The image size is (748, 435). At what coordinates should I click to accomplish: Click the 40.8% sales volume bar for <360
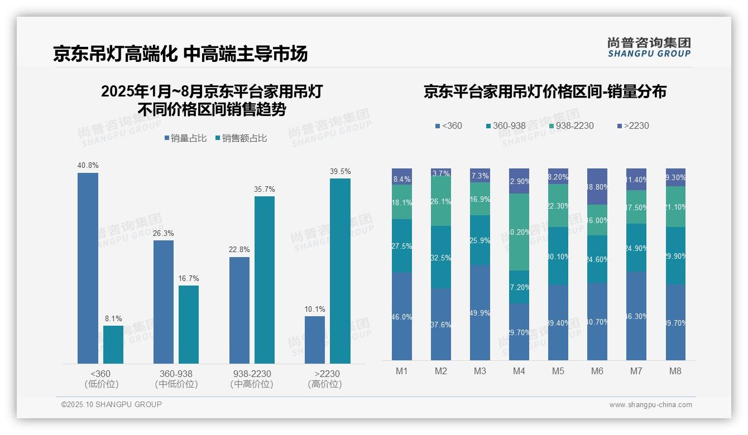88,268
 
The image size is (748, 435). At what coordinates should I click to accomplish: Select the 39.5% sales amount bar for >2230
340,270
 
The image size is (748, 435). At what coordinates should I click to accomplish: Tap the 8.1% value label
113,319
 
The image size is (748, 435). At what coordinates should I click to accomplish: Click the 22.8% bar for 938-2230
239,310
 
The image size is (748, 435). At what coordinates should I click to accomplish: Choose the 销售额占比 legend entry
241,138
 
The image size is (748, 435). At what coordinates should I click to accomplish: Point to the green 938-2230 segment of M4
519,232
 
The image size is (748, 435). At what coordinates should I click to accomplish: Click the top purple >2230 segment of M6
597,186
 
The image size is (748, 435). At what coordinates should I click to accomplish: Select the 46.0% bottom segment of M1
402,316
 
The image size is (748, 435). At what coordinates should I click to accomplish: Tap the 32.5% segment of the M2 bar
441,257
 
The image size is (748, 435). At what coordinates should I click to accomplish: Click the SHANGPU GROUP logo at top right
649,47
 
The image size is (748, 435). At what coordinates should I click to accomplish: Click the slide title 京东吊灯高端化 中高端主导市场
180,54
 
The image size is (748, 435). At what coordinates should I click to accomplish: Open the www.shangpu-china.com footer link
650,405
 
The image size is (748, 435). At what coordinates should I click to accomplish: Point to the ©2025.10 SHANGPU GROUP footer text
112,404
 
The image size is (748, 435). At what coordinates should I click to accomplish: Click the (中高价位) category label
252,384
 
